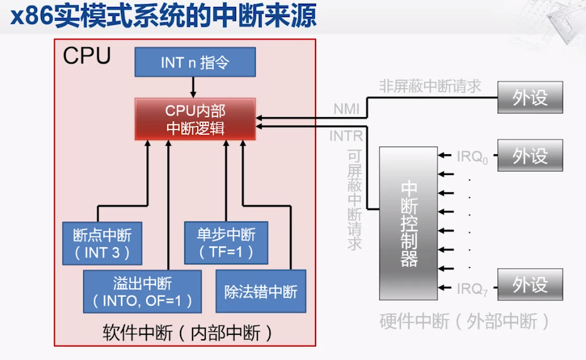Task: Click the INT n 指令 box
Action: pyautogui.click(x=195, y=62)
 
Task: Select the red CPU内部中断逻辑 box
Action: pyautogui.click(x=195, y=119)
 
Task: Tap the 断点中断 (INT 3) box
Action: pyautogui.click(x=103, y=243)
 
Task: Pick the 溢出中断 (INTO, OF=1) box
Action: pyautogui.click(x=142, y=291)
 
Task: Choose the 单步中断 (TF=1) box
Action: pyautogui.click(x=227, y=243)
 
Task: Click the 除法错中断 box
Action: pyautogui.click(x=261, y=291)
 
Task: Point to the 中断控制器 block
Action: pyautogui.click(x=408, y=223)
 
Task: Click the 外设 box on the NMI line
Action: pyautogui.click(x=530, y=98)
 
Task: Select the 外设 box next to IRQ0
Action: pyautogui.click(x=530, y=155)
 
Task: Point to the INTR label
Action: pyautogui.click(x=346, y=135)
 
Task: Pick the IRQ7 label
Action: pyautogui.click(x=472, y=289)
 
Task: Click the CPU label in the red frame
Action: pyautogui.click(x=87, y=55)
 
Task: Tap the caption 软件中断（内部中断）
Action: pyautogui.click(x=188, y=333)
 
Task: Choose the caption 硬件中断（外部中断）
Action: pyautogui.click(x=465, y=321)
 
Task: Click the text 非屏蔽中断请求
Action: pyautogui.click(x=430, y=86)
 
